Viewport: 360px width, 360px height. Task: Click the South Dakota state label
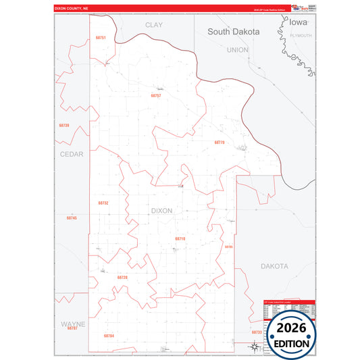pyautogui.click(x=236, y=31)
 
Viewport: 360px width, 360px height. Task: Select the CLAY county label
pyautogui.click(x=154, y=24)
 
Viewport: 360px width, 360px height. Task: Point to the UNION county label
pyautogui.click(x=238, y=50)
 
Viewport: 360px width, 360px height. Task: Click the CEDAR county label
pyautogui.click(x=72, y=154)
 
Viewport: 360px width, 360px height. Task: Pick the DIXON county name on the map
pyautogui.click(x=161, y=211)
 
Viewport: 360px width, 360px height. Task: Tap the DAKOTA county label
pyautogui.click(x=275, y=266)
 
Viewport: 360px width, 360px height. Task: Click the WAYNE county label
pyautogui.click(x=73, y=324)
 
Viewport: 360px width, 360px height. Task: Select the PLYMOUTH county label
pyautogui.click(x=301, y=35)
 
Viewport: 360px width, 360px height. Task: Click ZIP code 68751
pyautogui.click(x=101, y=38)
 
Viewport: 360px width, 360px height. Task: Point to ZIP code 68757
pyautogui.click(x=156, y=96)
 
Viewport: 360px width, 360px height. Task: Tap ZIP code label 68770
pyautogui.click(x=219, y=143)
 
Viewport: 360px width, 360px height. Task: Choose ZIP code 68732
pyautogui.click(x=103, y=203)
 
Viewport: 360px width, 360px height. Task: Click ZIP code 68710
pyautogui.click(x=180, y=239)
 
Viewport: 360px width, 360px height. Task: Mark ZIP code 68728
pyautogui.click(x=122, y=278)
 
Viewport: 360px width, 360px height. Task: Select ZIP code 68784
pyautogui.click(x=109, y=336)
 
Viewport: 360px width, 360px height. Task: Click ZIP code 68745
pyautogui.click(x=72, y=218)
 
